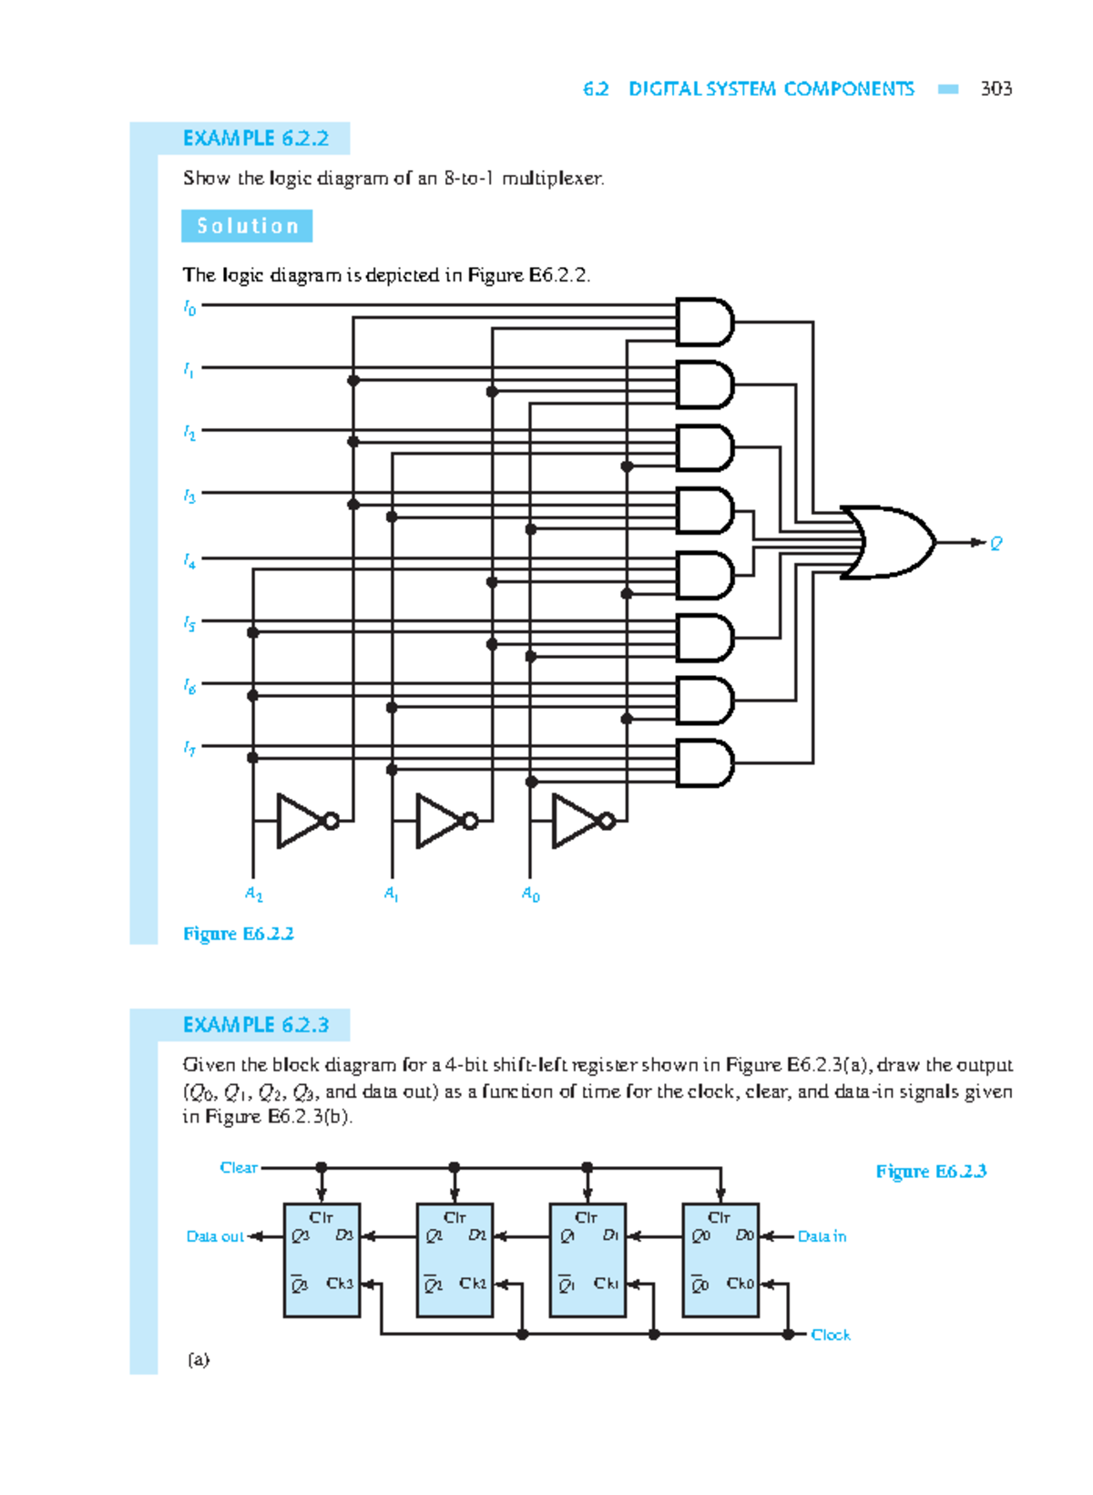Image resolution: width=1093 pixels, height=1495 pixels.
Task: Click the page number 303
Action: (x=996, y=88)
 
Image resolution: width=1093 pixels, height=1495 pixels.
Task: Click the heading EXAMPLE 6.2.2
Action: (x=255, y=138)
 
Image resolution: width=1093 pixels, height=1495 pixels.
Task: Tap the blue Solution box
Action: (x=247, y=226)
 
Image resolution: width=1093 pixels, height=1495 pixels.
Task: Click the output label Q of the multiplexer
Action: (x=996, y=544)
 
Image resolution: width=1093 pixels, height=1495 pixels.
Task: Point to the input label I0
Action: (x=189, y=308)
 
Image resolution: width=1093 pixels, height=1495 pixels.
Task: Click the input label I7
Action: (x=189, y=749)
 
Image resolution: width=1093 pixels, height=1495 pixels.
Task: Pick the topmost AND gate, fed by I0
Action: (x=704, y=322)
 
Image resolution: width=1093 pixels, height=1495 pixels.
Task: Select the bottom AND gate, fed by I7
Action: (x=704, y=763)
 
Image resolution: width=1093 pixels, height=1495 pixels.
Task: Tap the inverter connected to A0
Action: (x=578, y=821)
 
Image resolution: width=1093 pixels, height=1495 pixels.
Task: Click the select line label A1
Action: (x=391, y=895)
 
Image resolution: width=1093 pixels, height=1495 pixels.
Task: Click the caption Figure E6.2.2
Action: (x=238, y=934)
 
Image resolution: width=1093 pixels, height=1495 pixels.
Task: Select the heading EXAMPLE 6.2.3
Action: (x=255, y=1025)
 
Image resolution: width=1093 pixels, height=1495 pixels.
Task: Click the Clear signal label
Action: (x=239, y=1167)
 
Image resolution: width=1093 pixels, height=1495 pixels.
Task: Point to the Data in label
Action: (x=822, y=1236)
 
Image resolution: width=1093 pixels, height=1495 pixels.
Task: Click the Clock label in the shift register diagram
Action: (x=830, y=1335)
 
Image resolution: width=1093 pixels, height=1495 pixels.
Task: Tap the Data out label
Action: (x=215, y=1236)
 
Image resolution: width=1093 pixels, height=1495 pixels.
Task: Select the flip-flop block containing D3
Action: (x=322, y=1260)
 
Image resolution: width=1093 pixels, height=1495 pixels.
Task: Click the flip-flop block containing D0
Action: (x=720, y=1260)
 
